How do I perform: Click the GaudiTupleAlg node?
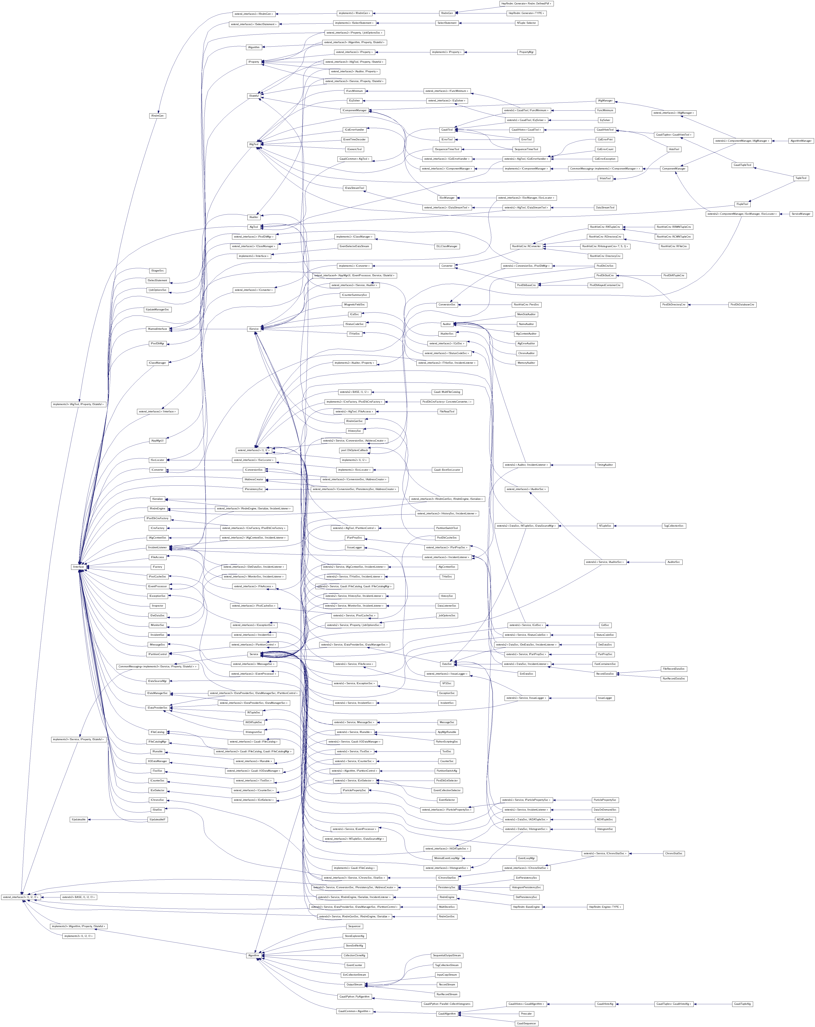tap(742, 1004)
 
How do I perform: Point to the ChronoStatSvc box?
tap(674, 853)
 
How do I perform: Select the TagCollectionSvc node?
tap(674, 526)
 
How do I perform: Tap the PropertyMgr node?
tap(526, 52)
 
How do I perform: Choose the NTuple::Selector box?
tap(526, 23)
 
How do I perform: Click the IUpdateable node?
tap(79, 819)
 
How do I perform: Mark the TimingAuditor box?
tap(605, 465)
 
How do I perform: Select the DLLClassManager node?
tap(446, 246)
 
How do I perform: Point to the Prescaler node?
tap(526, 1014)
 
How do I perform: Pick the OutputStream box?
tap(354, 985)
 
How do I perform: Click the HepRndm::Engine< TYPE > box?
tap(605, 907)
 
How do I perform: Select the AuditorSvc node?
tap(674, 562)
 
